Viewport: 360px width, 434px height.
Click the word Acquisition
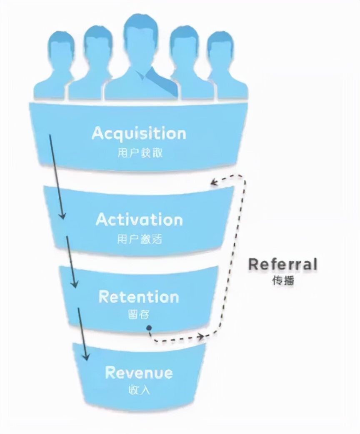(x=139, y=133)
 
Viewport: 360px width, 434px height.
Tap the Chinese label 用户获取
(x=139, y=153)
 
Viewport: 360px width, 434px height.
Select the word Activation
(x=139, y=219)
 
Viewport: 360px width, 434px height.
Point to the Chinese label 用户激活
(x=139, y=239)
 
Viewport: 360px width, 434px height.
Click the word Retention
(x=139, y=297)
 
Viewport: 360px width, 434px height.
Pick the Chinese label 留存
(x=138, y=315)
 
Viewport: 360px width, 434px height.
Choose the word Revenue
(x=138, y=372)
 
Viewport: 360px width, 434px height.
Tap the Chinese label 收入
(x=138, y=391)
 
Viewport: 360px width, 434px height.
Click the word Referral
(x=282, y=264)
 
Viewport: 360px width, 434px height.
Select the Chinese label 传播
(x=283, y=280)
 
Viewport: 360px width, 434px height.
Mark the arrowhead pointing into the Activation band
(x=62, y=216)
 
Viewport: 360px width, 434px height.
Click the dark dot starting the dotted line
(x=149, y=328)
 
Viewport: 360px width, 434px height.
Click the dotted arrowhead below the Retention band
(x=203, y=336)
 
